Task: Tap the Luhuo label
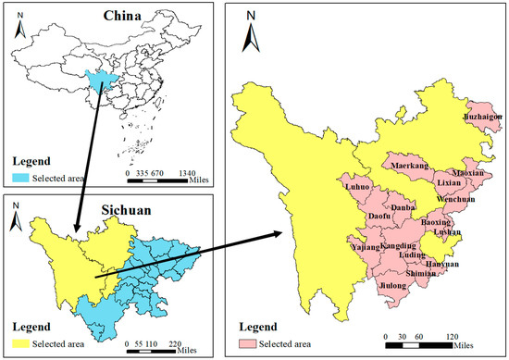[x=357, y=187]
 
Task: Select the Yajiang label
[x=366, y=247]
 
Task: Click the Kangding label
[x=399, y=245]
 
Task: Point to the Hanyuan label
[x=441, y=264]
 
